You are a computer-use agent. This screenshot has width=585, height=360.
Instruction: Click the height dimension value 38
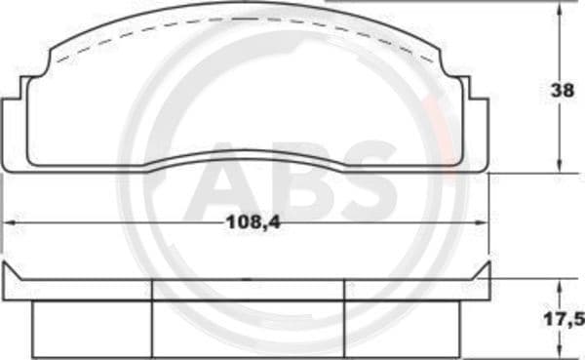point(561,92)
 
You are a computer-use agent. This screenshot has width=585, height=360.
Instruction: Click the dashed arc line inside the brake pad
point(244,22)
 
